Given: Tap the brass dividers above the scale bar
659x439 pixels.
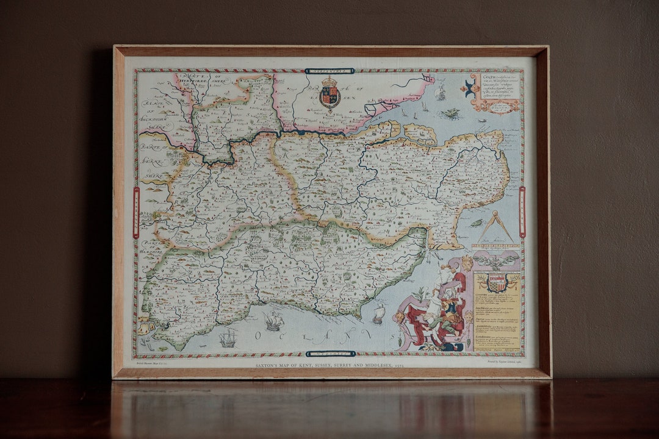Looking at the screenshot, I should (x=495, y=227).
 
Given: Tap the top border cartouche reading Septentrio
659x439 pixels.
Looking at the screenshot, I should (x=329, y=71).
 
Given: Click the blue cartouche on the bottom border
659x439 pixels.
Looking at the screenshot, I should (x=330, y=354).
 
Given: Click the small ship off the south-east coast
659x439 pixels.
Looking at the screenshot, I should (x=379, y=313).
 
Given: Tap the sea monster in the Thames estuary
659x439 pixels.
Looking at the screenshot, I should (x=451, y=113).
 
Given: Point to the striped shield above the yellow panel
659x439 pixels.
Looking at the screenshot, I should (x=497, y=282).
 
